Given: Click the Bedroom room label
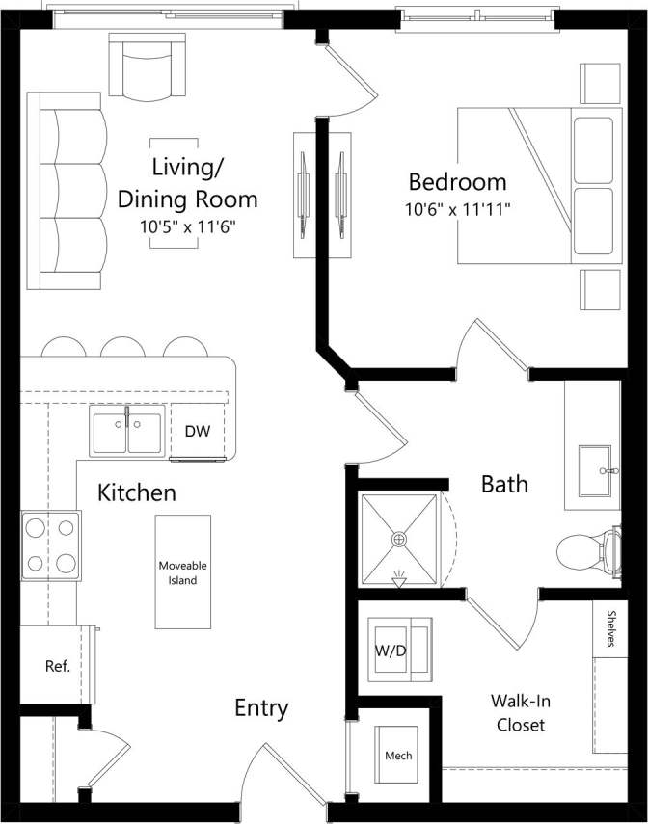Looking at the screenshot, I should point(457,181).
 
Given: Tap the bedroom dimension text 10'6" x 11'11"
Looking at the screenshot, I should point(457,207).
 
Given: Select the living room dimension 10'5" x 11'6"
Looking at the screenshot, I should point(188,227).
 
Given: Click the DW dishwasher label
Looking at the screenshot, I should point(197,431).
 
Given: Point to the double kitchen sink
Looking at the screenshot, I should point(126,430).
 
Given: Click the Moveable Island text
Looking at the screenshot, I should point(183,572).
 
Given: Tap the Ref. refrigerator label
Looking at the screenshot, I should point(57,666).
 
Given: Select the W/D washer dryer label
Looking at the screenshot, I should point(391,650).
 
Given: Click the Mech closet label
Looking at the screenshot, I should point(398,756).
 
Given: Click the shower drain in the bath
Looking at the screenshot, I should point(398,540).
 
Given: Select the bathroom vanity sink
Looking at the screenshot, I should point(594,469).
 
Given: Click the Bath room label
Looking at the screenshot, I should point(504,484).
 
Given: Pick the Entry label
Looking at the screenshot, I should point(261,708).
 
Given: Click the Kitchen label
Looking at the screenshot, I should point(137,493).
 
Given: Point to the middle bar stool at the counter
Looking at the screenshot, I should point(121,346).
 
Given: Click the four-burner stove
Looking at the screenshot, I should point(51,545).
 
